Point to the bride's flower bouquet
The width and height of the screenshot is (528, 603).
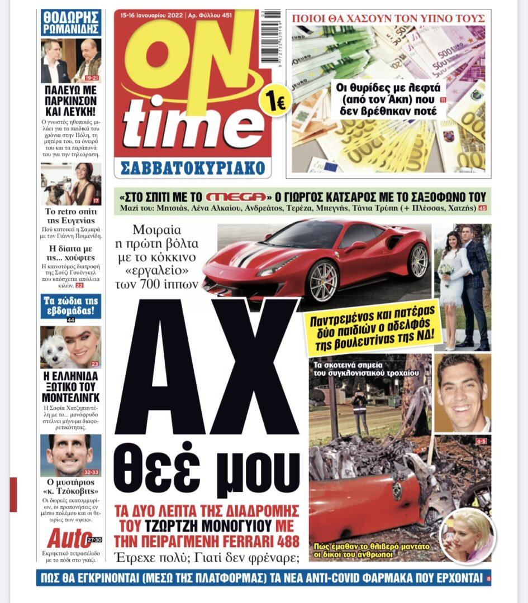pyautogui.click(x=445, y=270)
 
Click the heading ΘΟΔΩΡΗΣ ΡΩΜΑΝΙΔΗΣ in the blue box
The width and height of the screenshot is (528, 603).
pyautogui.click(x=71, y=22)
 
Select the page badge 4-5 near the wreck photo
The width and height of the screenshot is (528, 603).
pyautogui.click(x=481, y=442)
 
